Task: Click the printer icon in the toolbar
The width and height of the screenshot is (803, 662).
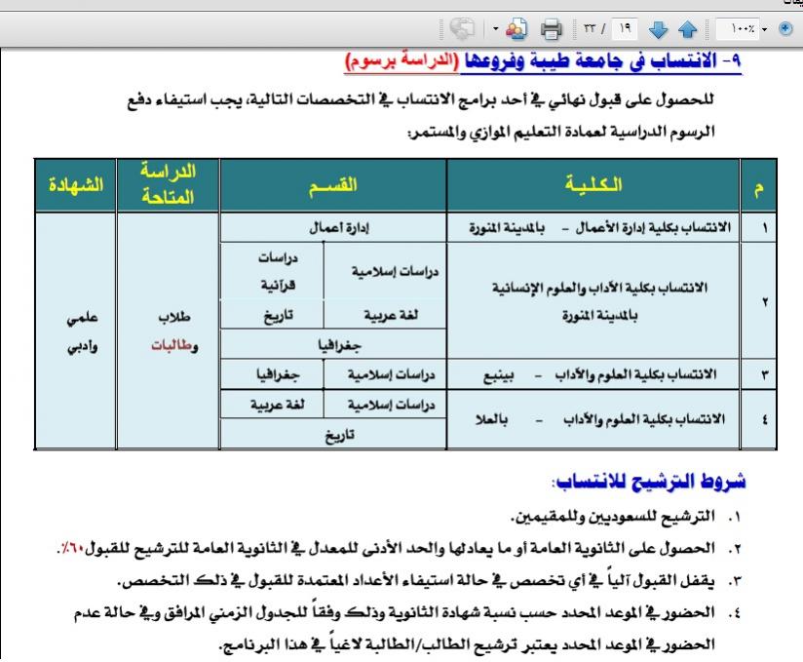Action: point(552,27)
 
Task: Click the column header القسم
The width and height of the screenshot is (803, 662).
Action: point(333,184)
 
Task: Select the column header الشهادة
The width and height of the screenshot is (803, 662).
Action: point(75,184)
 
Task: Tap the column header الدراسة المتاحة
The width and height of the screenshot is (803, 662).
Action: point(169,184)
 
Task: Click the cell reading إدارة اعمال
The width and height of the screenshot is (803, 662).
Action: point(333,228)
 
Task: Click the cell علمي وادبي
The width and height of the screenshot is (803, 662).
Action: point(76,331)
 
